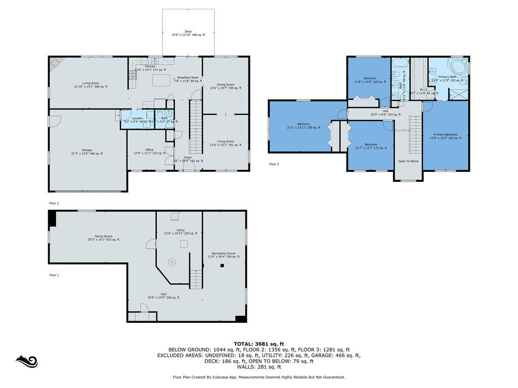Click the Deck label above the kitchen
[x=188, y=31]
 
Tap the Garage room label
[x=87, y=150]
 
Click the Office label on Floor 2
[x=149, y=150]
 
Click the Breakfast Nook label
[x=187, y=77]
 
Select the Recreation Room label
[x=224, y=253]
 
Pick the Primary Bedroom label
[x=445, y=134]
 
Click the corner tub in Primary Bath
[x=459, y=66]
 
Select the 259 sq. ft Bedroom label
[x=303, y=124]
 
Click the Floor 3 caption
[x=274, y=164]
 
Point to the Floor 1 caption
[x=54, y=275]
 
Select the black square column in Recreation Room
[x=221, y=265]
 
